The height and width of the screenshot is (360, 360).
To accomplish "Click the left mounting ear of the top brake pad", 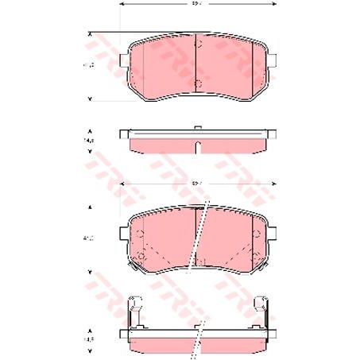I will (x=122, y=61).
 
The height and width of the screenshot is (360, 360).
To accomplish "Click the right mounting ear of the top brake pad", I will (x=273, y=61).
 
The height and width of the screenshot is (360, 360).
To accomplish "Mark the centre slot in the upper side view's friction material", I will (x=198, y=142).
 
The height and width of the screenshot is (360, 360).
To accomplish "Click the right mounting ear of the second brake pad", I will (x=273, y=238).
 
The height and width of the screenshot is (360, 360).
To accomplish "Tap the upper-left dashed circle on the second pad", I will (x=141, y=235).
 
